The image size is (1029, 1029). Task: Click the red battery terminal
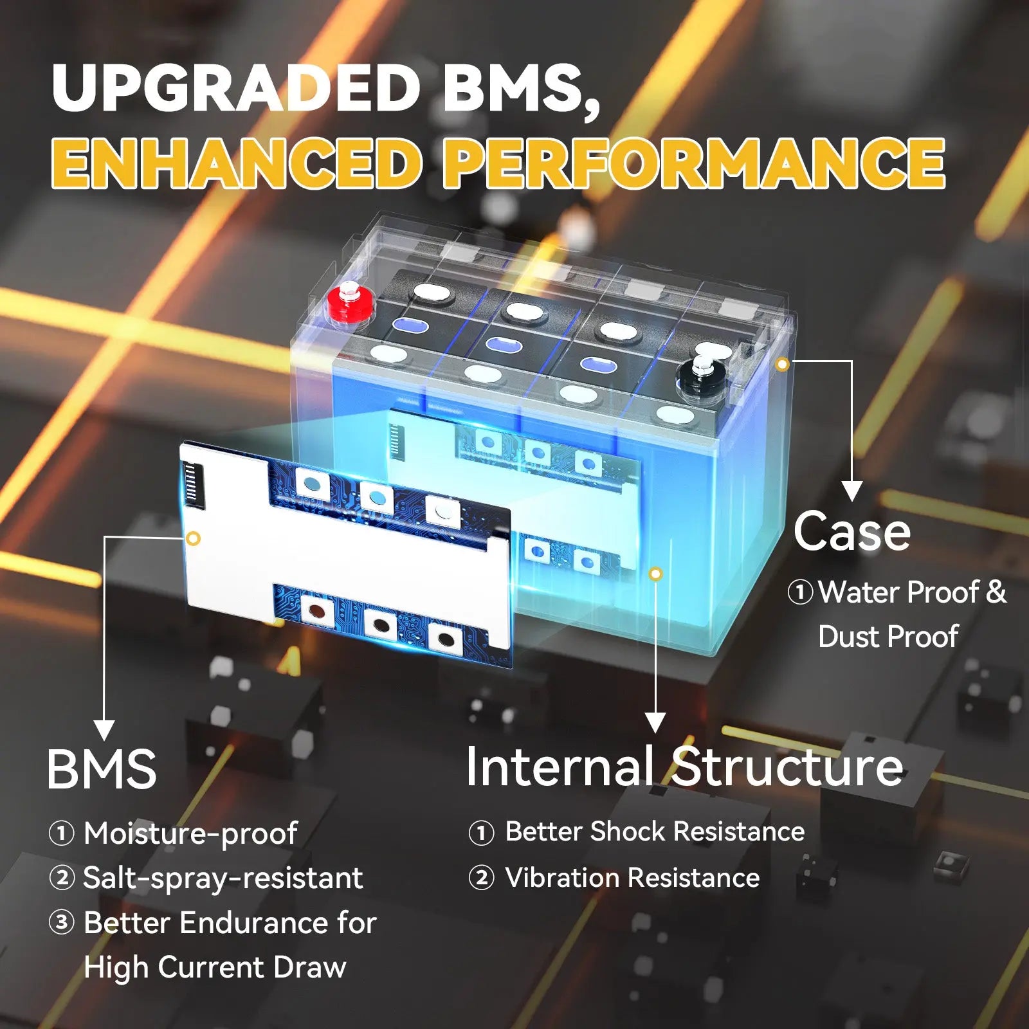pyautogui.click(x=351, y=303)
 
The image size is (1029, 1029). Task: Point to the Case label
pyautogui.click(x=851, y=531)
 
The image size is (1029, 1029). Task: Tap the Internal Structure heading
pyautogui.click(x=684, y=766)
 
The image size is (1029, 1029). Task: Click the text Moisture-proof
pyautogui.click(x=190, y=833)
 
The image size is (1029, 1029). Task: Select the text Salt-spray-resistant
pyautogui.click(x=223, y=878)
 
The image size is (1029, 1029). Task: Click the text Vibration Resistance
pyautogui.click(x=632, y=878)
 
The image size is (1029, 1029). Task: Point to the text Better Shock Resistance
pyautogui.click(x=655, y=832)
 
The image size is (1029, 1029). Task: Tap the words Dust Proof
pyautogui.click(x=888, y=637)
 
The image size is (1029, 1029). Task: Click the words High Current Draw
pyautogui.click(x=215, y=967)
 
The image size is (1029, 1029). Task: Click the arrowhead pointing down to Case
pyautogui.click(x=852, y=491)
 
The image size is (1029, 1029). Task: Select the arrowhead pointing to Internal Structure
pyautogui.click(x=655, y=723)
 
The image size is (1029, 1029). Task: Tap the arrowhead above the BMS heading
pyautogui.click(x=104, y=730)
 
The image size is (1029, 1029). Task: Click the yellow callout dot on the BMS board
pyautogui.click(x=193, y=538)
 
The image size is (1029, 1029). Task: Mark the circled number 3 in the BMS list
pyautogui.click(x=62, y=923)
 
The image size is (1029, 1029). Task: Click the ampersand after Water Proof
pyautogui.click(x=996, y=592)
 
